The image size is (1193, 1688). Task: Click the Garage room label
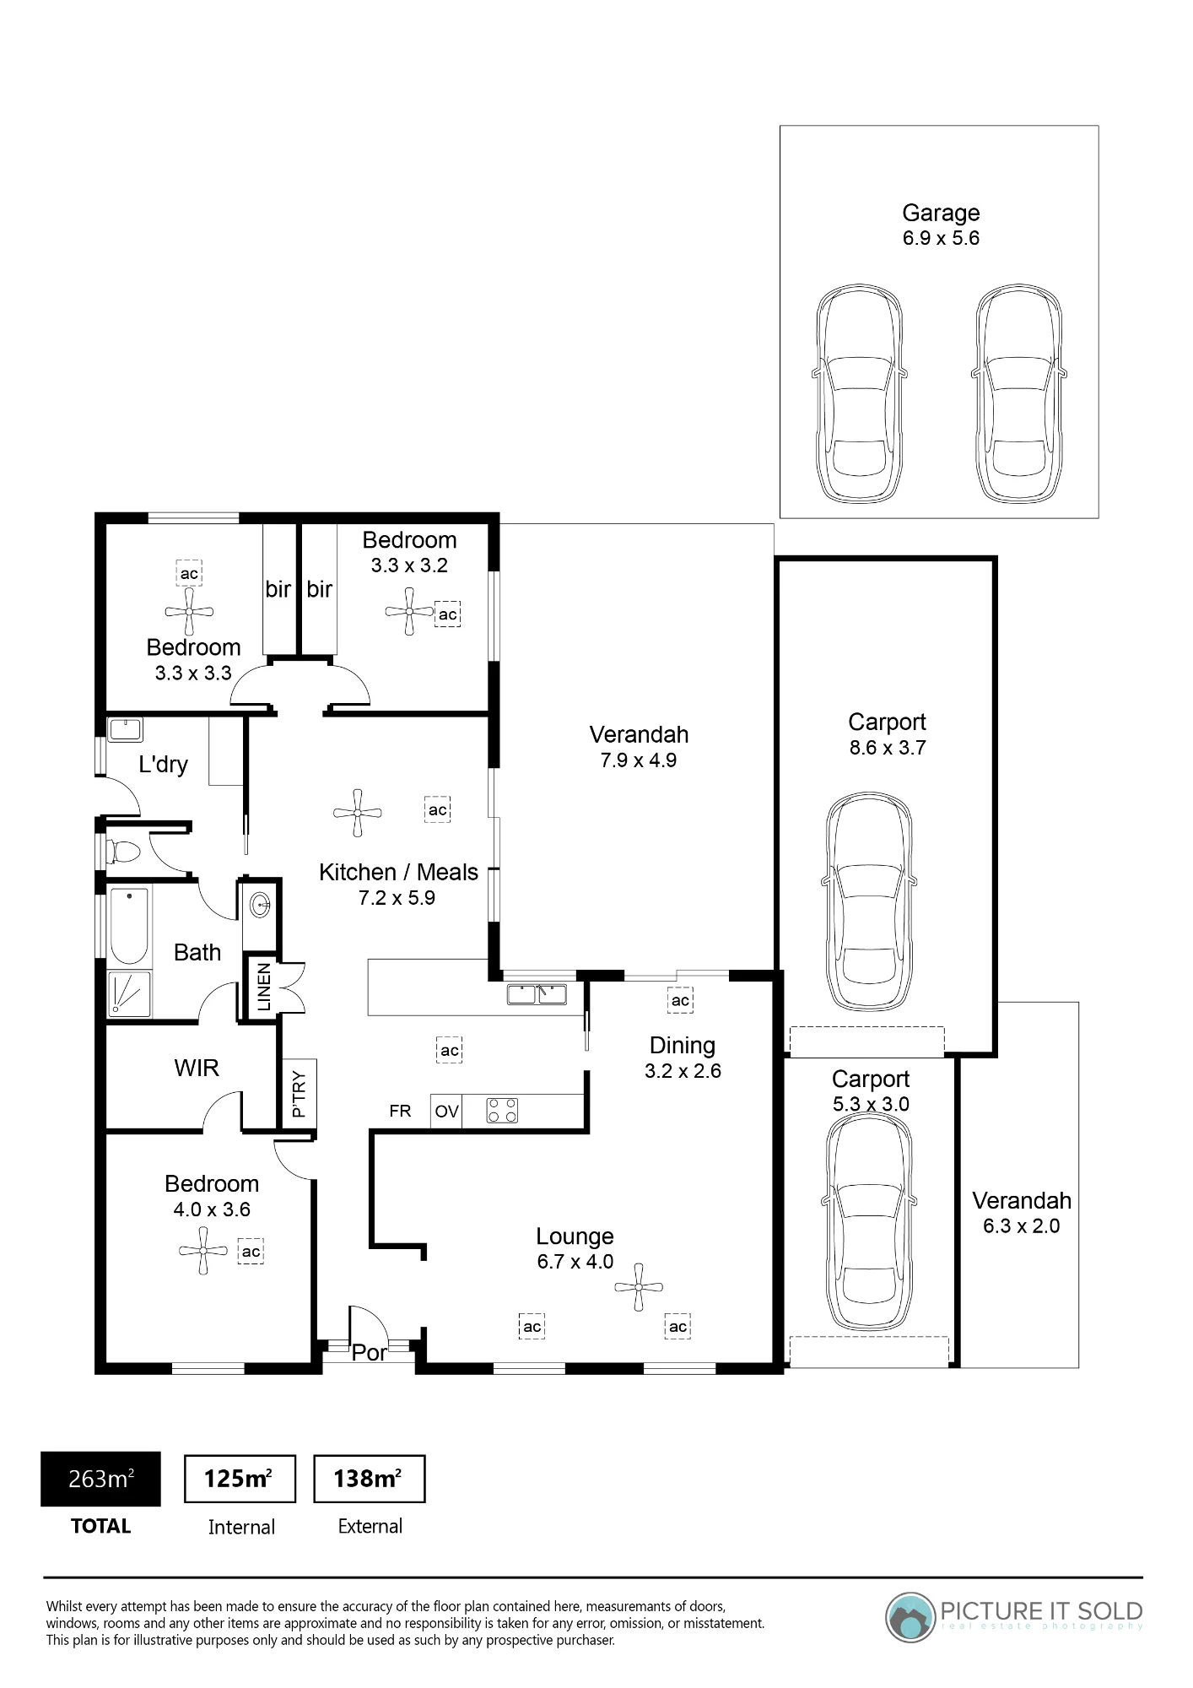941,214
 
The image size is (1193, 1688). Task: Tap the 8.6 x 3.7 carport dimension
888,748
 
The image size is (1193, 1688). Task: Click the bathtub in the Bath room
129,926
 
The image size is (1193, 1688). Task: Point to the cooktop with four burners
503,1111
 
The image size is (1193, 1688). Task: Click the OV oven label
446,1112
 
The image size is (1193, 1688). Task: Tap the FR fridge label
400,1112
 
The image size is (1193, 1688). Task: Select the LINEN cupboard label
264,987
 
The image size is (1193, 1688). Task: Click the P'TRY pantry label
299,1094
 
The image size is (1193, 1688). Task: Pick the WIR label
197,1069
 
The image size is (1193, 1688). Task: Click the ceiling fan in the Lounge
639,1287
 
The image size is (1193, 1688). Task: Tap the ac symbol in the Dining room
680,1000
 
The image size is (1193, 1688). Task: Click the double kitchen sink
537,994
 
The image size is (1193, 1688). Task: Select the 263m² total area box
100,1480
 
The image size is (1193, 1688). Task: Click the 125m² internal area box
240,1479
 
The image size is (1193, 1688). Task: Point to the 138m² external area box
369,1479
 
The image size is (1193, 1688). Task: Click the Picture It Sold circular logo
911,1617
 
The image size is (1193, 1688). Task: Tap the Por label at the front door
370,1353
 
